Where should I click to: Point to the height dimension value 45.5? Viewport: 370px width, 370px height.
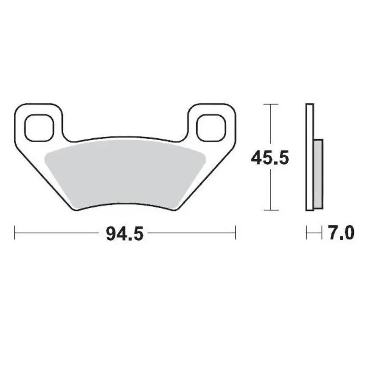tap(270, 158)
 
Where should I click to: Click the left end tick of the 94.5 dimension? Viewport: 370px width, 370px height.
tap(15, 233)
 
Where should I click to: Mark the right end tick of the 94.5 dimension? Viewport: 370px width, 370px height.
tap(236, 233)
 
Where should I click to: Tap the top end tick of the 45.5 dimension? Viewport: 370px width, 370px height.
tap(270, 105)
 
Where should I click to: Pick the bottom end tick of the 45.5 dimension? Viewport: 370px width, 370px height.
tap(270, 210)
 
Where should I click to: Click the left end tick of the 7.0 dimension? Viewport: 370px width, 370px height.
tap(307, 233)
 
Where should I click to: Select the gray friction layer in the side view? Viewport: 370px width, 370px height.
tap(318, 173)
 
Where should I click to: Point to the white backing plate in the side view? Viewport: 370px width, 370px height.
tap(309, 157)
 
